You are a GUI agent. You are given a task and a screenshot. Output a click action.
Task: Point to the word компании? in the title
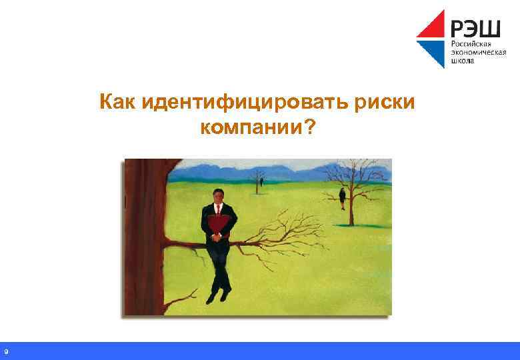256,126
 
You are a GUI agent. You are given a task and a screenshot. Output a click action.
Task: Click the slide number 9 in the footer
5,351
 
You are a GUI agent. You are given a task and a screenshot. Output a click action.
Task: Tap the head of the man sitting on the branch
217,195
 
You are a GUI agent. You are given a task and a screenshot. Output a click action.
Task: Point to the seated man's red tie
217,208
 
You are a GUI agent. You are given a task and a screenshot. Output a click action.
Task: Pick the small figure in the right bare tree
342,195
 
